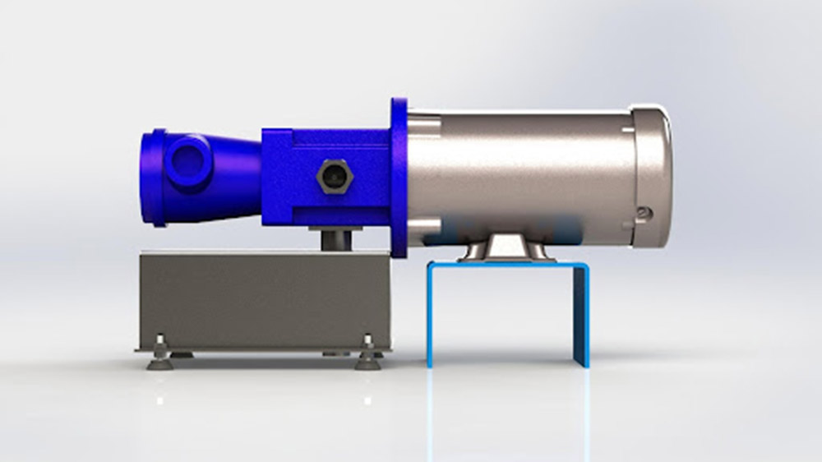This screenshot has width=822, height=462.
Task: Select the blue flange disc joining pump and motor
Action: [x=399, y=177]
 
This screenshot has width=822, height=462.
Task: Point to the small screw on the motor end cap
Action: [x=644, y=213]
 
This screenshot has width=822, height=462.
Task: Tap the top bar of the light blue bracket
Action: [x=506, y=265]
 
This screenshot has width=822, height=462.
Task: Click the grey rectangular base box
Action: [x=263, y=300]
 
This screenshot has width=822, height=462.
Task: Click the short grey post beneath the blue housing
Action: [x=335, y=239]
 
